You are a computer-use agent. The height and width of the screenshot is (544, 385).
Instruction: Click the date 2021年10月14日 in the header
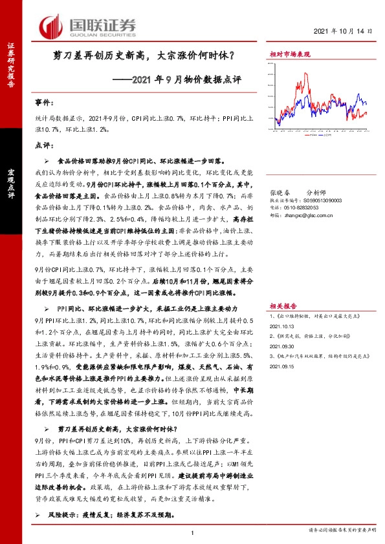344,32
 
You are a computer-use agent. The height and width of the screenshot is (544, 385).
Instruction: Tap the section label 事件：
43,103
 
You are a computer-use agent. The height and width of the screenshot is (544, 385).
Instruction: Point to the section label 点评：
43,146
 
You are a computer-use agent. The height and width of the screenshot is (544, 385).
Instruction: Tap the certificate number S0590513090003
317,201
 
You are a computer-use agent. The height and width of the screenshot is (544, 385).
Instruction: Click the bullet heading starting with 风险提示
97,515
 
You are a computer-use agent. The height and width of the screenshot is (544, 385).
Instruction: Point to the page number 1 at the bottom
193,532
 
